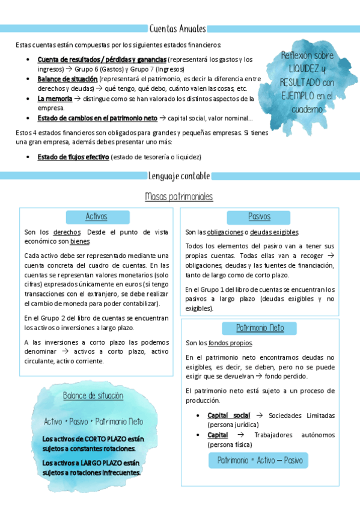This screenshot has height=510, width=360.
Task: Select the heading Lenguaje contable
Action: click(179, 176)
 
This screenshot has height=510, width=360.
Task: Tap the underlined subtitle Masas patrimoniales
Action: click(179, 197)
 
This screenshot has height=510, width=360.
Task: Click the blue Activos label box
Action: click(96, 217)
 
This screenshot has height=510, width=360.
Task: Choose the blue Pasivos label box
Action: click(260, 217)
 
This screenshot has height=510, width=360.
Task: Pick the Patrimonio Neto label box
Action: click(260, 328)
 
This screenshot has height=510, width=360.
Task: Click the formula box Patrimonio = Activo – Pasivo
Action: click(260, 461)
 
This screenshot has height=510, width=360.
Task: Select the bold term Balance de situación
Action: click(67, 79)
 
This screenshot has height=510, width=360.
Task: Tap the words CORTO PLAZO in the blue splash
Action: click(106, 438)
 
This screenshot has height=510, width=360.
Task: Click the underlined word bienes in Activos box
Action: click(80, 241)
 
